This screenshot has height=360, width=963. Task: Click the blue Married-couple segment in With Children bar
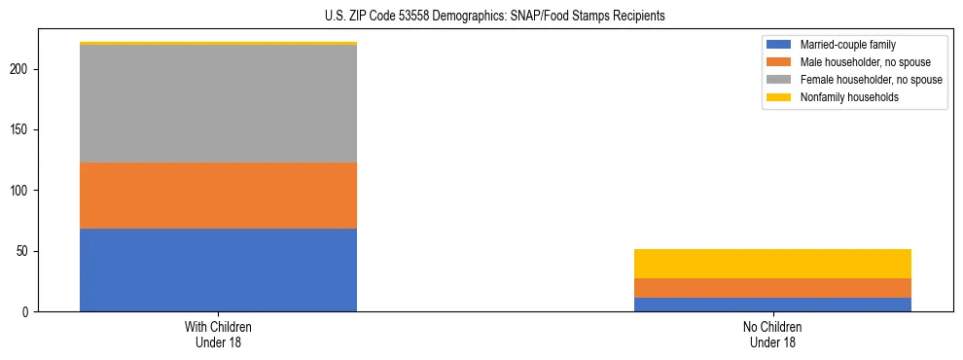(x=218, y=270)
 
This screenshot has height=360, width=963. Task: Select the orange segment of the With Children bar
(x=218, y=196)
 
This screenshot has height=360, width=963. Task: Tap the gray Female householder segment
(x=218, y=104)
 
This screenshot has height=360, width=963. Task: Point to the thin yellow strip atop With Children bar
(x=218, y=44)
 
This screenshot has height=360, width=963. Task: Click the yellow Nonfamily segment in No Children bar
(x=772, y=264)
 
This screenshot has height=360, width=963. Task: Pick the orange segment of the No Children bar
(x=772, y=288)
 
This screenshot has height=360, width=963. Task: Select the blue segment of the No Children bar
(x=772, y=305)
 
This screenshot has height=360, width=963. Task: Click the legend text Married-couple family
(x=847, y=45)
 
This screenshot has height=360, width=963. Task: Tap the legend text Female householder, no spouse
(x=871, y=80)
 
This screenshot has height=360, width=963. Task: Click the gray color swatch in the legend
(x=779, y=80)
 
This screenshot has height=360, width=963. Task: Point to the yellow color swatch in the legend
(x=779, y=97)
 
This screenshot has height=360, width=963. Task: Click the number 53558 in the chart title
(x=441, y=17)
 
